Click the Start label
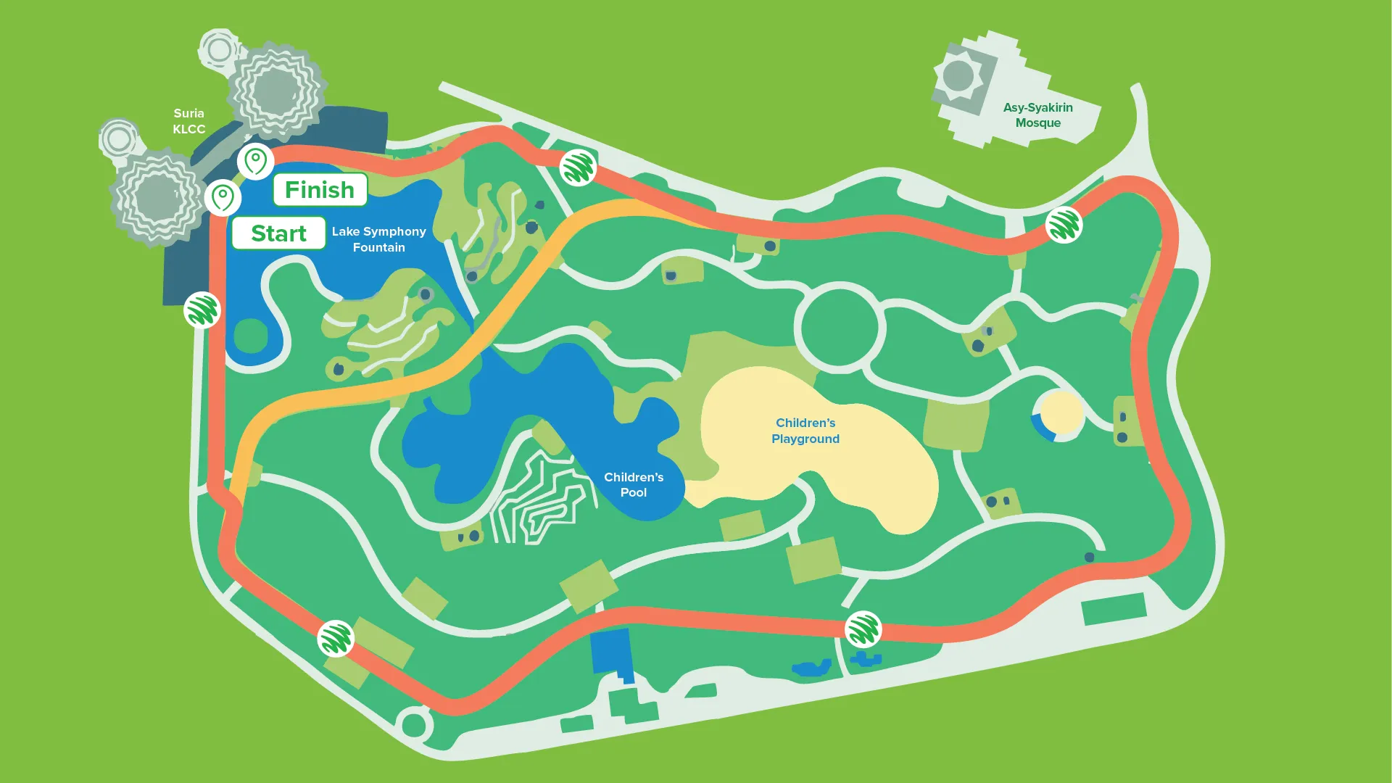[x=278, y=233]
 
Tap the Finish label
[x=320, y=190]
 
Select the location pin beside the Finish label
[x=255, y=161]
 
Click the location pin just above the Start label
[x=223, y=197]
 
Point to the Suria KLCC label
[x=188, y=121]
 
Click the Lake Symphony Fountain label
[x=378, y=239]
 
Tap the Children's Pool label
[x=634, y=484]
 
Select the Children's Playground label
[x=805, y=431]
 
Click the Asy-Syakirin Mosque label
[x=1037, y=115]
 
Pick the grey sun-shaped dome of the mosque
[x=958, y=76]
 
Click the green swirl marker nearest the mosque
[x=1064, y=225]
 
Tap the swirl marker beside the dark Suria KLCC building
[x=202, y=310]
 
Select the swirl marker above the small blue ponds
[x=863, y=629]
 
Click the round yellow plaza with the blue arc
[x=1059, y=415]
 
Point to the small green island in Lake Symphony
[x=251, y=335]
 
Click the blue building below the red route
[x=610, y=652]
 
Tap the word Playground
[x=805, y=439]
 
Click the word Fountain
[x=378, y=247]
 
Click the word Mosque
[x=1037, y=123]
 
